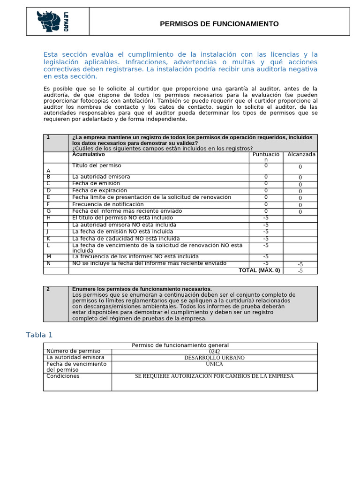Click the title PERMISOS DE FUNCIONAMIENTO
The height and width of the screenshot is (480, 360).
[x=219, y=24]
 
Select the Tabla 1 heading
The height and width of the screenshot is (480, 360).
[x=39, y=334]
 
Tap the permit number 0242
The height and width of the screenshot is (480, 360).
[x=214, y=352]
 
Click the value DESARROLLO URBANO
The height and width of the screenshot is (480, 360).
[x=214, y=358]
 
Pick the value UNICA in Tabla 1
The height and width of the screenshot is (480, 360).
[x=214, y=364]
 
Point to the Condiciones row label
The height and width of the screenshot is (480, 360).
[x=63, y=376]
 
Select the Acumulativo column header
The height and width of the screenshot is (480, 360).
[x=89, y=154]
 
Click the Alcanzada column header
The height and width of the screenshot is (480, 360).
[x=301, y=154]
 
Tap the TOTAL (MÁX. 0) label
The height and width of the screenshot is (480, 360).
[x=259, y=270]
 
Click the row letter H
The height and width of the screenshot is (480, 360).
[x=49, y=218]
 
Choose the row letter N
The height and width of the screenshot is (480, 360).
[x=49, y=263]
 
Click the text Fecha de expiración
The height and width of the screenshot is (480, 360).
[x=99, y=191]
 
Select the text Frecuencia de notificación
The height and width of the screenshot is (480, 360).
[x=108, y=204]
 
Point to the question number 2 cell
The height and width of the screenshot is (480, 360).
[x=48, y=289]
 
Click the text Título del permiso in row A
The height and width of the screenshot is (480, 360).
[x=97, y=165]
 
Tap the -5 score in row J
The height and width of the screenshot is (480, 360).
[x=266, y=232]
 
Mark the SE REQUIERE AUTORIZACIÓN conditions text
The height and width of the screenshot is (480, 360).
[x=214, y=376]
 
